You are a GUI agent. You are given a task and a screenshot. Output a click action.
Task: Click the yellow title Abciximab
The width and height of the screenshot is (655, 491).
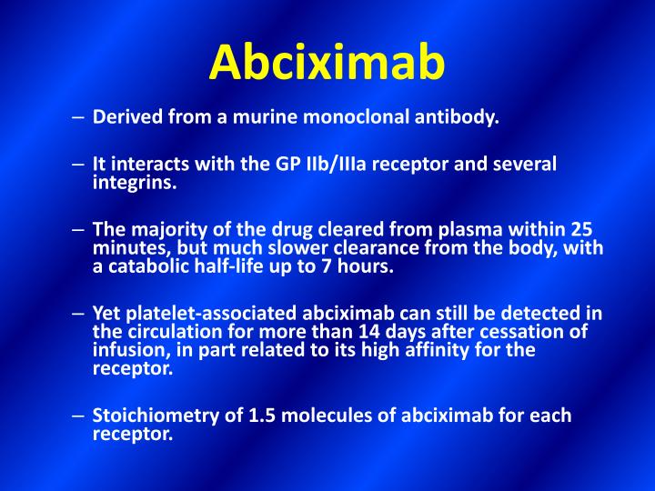click(x=327, y=62)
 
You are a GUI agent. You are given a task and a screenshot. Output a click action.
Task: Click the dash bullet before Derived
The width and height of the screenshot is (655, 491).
click(x=79, y=117)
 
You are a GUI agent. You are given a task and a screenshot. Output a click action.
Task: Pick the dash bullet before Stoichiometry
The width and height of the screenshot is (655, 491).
click(x=79, y=416)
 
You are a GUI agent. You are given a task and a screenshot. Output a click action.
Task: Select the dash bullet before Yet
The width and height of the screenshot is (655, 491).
click(x=79, y=314)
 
